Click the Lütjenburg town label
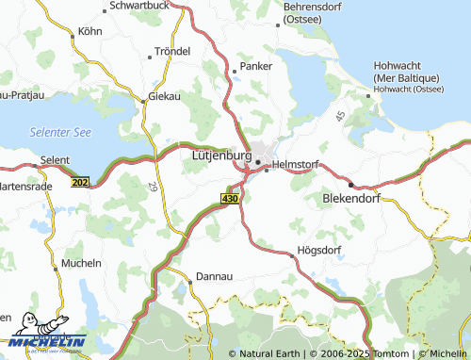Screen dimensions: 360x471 (220, 155)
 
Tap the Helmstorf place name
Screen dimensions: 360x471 (297, 164)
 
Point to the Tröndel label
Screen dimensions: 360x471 (171, 51)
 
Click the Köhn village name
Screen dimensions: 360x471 (89, 30)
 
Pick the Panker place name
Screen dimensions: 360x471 (255, 67)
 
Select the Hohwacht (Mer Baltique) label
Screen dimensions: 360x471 (406, 73)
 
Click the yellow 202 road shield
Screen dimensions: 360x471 (80, 182)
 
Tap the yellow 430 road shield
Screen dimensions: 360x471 (230, 199)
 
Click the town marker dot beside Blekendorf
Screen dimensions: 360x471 (350, 185)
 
